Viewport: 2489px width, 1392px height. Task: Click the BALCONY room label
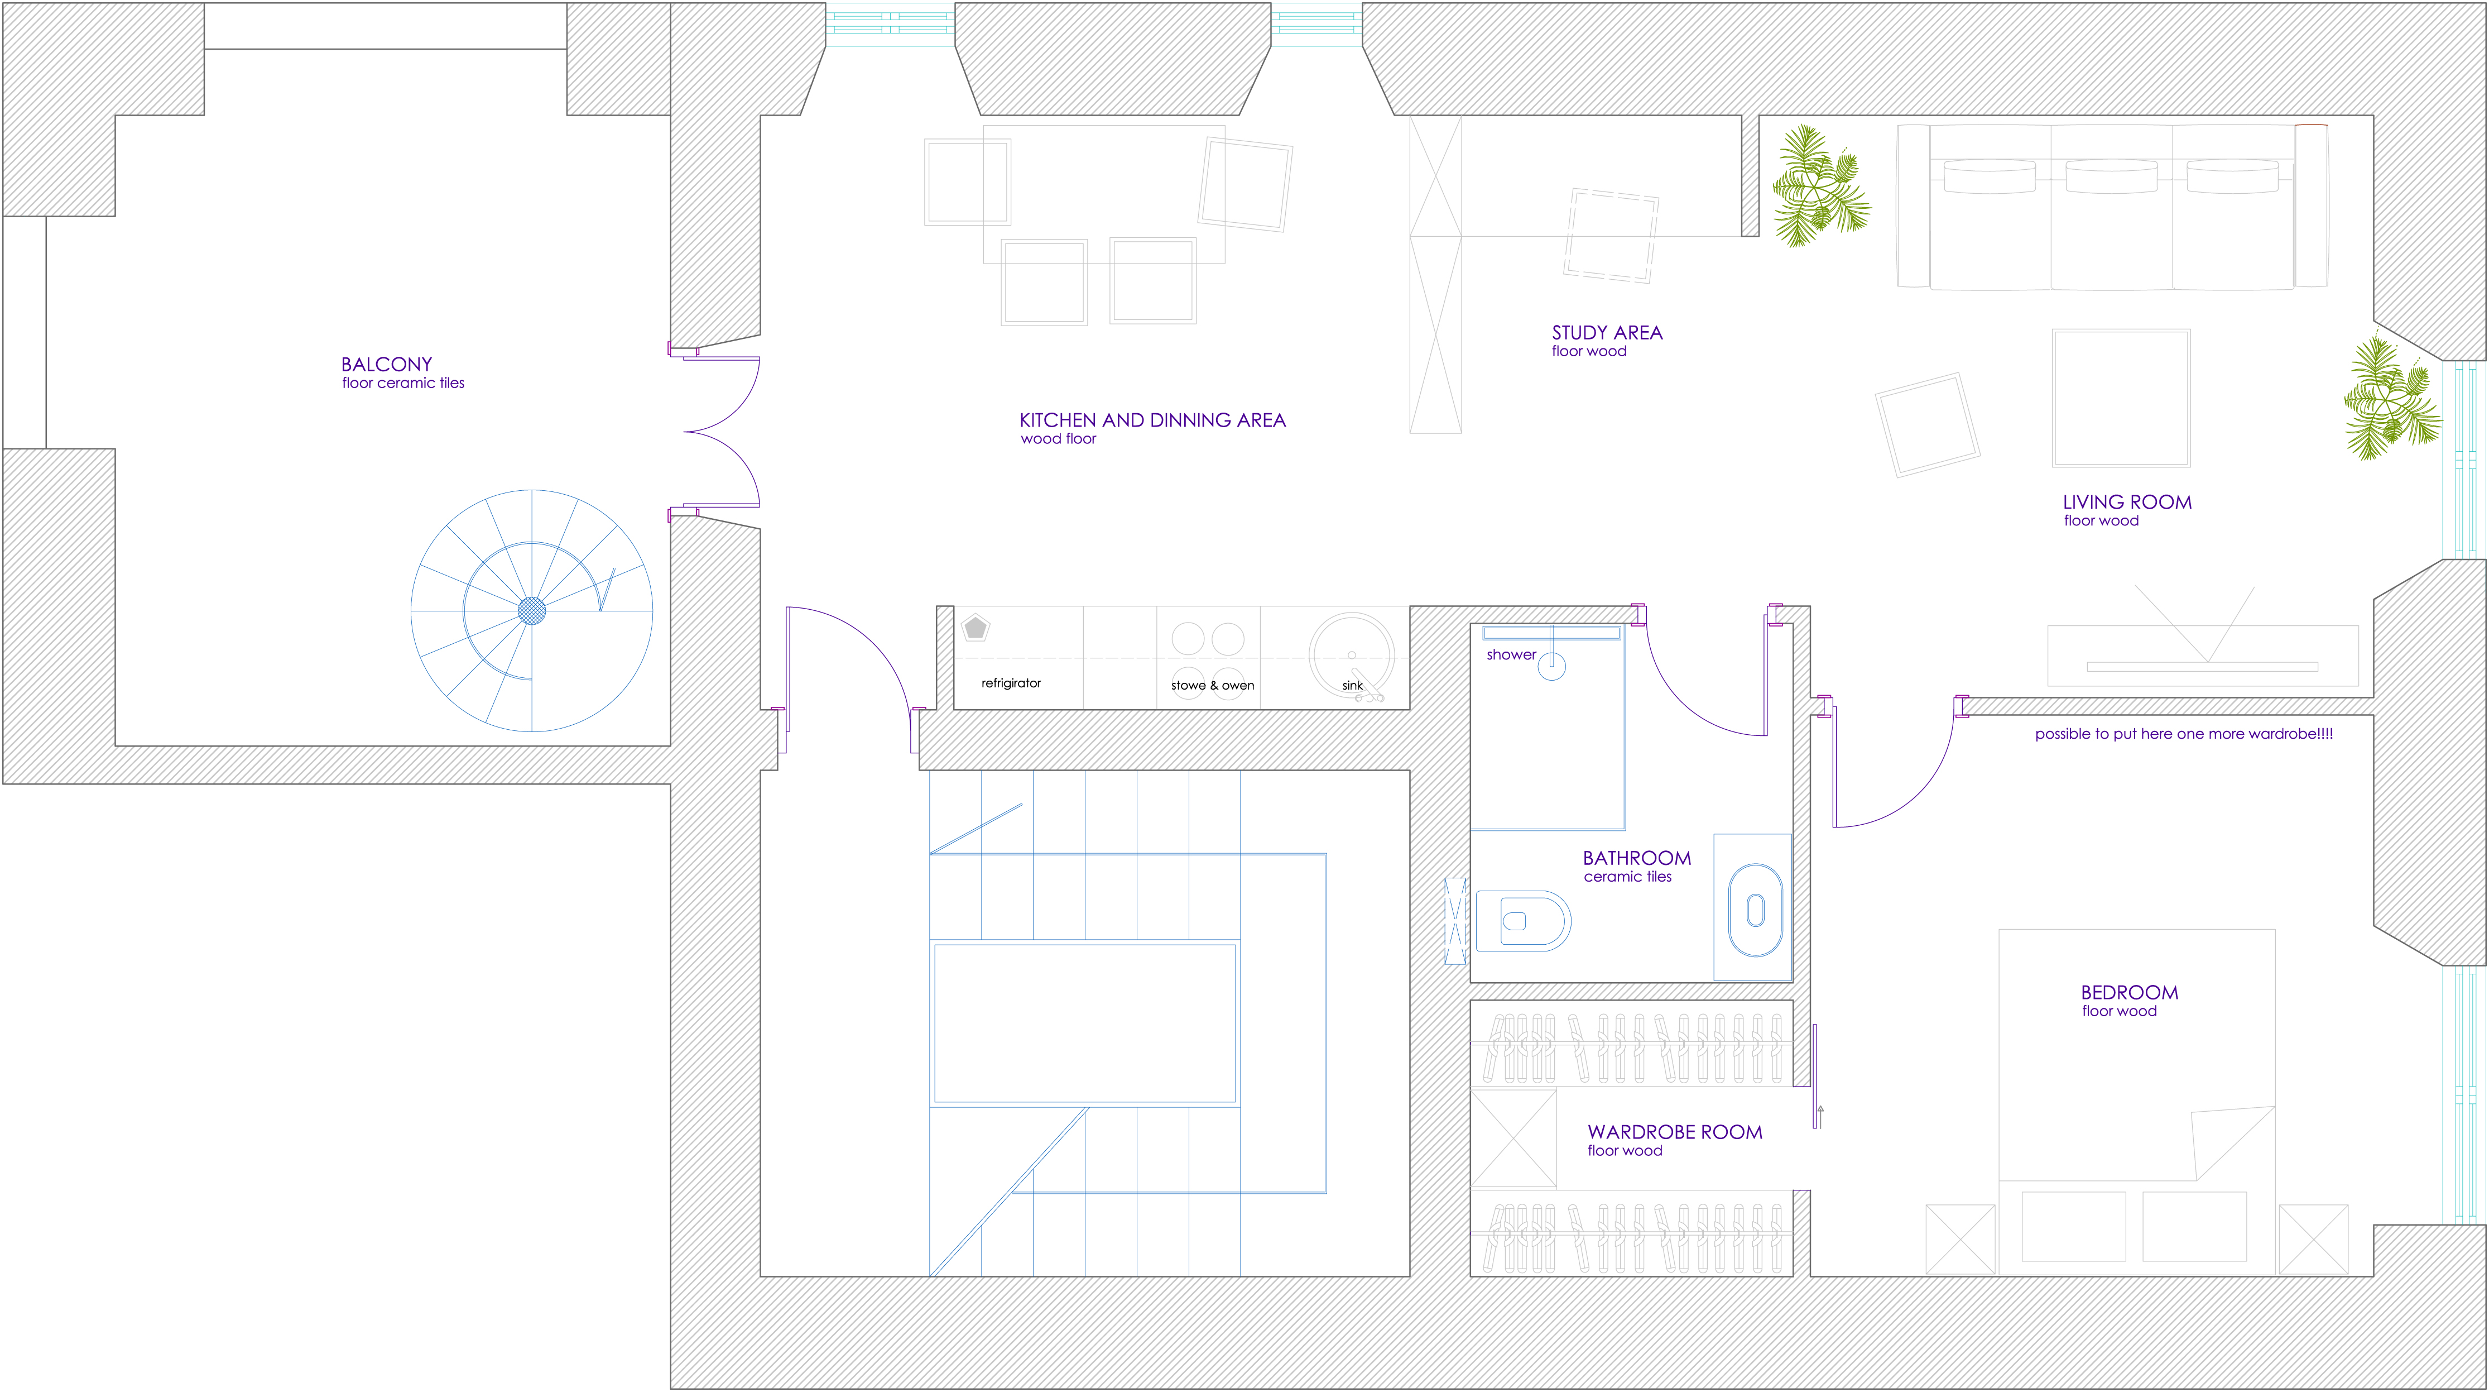point(387,365)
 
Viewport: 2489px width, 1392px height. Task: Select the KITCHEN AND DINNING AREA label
point(1153,420)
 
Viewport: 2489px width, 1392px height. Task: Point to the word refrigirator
point(1011,683)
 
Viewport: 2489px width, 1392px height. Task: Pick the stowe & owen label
point(1213,685)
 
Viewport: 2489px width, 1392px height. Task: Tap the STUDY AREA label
point(1607,333)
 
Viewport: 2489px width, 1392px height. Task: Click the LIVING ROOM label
point(2127,502)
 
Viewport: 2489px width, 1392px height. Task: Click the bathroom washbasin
point(1755,910)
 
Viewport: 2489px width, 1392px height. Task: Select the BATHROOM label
point(1637,858)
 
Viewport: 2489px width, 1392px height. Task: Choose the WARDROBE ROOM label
point(1674,1132)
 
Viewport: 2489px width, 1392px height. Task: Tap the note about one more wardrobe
point(2184,734)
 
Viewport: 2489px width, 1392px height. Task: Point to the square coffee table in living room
point(2121,398)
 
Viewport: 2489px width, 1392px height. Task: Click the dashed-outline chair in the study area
point(1611,235)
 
